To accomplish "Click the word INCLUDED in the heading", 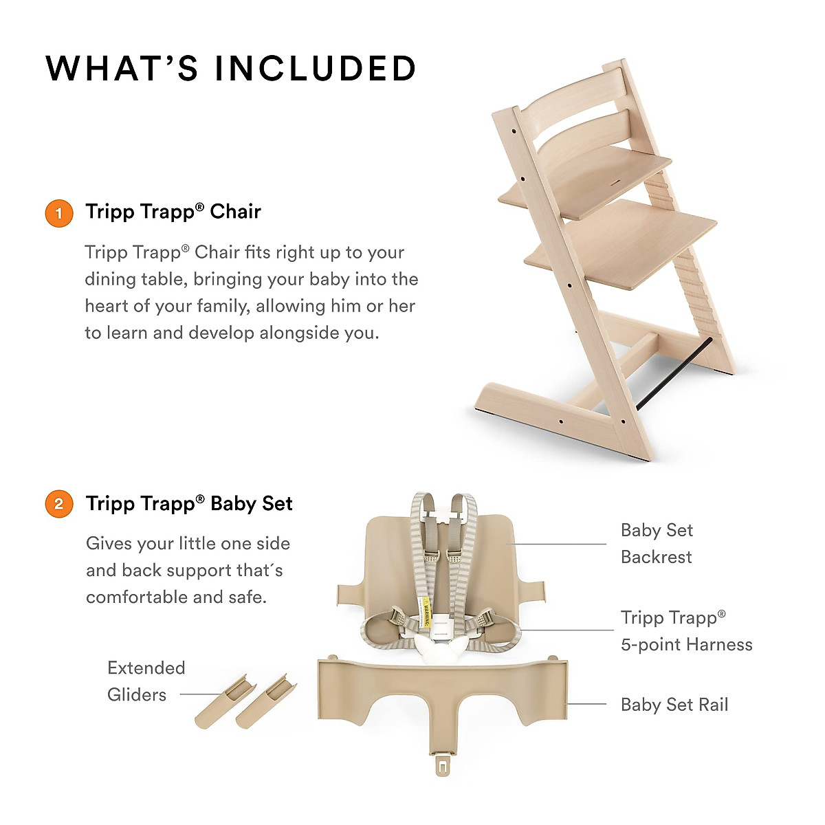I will (316, 69).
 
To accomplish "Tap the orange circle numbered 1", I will (58, 213).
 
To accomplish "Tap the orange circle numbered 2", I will (58, 504).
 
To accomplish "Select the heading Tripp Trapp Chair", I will (173, 212).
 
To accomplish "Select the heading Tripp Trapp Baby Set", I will (189, 504).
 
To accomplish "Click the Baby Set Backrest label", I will (657, 543).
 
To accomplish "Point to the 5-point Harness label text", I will (686, 644).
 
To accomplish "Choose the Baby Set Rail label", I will (674, 705).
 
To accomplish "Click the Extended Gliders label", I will (146, 681).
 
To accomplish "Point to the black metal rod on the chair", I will (674, 375).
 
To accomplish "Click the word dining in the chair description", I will (109, 279).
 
